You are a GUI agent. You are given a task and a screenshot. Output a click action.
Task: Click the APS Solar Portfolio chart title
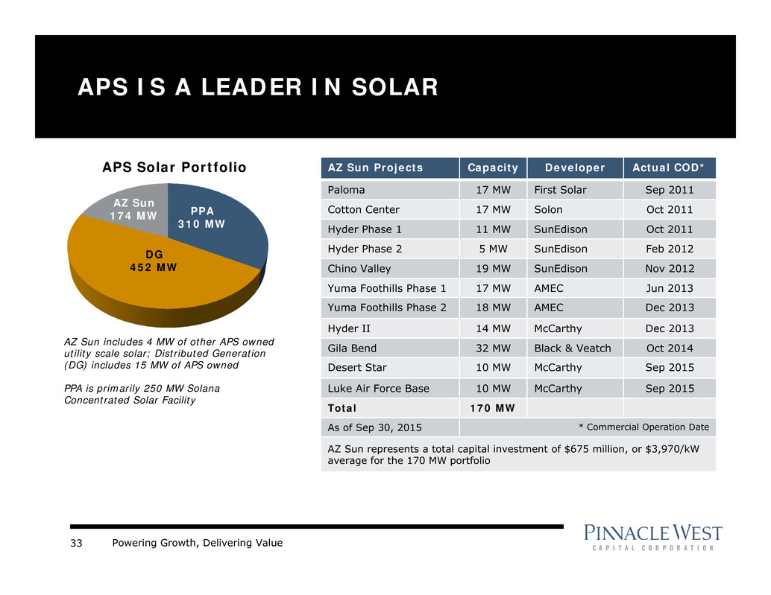(x=174, y=168)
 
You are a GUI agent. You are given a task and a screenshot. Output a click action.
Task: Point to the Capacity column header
(x=492, y=168)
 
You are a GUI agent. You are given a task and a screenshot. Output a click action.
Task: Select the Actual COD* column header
(x=669, y=168)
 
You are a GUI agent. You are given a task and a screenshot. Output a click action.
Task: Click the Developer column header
(x=573, y=168)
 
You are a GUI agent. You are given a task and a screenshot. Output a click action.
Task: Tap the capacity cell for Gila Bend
(x=492, y=348)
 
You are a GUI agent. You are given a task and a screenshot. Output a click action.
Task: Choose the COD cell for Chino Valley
(x=669, y=269)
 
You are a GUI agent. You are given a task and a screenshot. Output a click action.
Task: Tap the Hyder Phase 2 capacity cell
(x=492, y=249)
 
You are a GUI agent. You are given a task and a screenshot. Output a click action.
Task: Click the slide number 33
(x=76, y=543)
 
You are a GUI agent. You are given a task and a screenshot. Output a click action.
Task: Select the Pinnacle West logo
(x=653, y=537)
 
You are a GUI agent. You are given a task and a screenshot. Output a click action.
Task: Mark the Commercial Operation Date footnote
(x=643, y=427)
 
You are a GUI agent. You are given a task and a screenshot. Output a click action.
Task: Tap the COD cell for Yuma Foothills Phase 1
(x=669, y=288)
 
